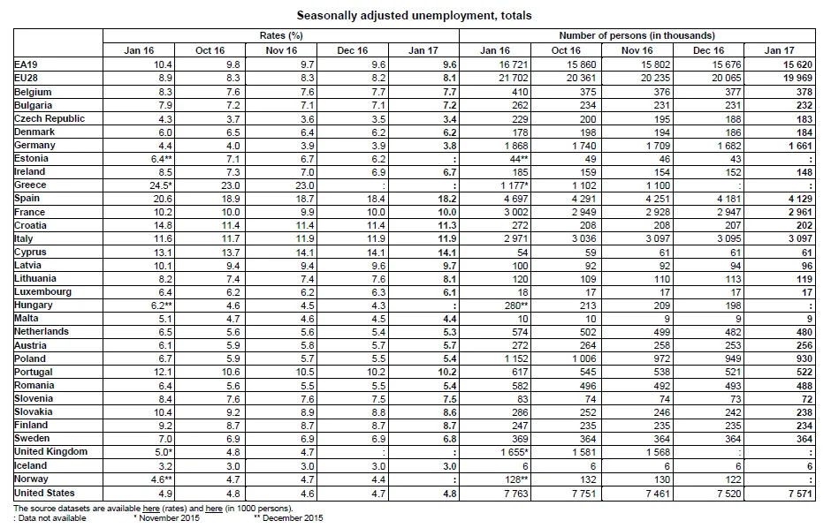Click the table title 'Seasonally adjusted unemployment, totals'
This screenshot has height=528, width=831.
[414, 16]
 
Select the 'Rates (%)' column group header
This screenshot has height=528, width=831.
[281, 35]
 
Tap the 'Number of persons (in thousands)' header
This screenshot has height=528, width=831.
[637, 35]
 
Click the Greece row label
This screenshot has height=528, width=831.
[30, 185]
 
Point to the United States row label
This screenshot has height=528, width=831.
[44, 493]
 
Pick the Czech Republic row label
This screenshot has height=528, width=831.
[50, 118]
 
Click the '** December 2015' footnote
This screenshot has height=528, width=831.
[288, 518]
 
